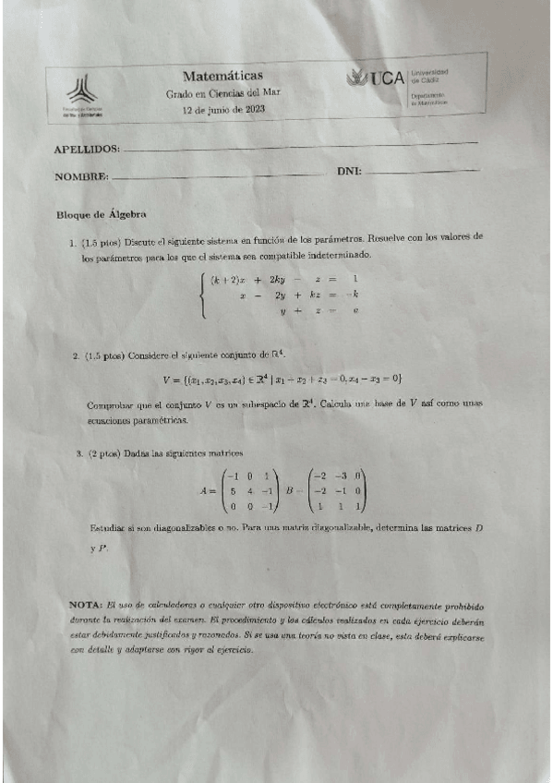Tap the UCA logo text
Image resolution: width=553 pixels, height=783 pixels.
click(386, 78)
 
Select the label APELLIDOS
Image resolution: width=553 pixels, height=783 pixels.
click(88, 149)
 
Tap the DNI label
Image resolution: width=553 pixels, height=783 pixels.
click(349, 172)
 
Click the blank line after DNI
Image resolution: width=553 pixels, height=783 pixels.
click(423, 171)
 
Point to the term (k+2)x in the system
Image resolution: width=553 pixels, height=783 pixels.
click(228, 279)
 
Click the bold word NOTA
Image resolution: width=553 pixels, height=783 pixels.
click(86, 604)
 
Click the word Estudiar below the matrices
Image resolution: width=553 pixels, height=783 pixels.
click(109, 527)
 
